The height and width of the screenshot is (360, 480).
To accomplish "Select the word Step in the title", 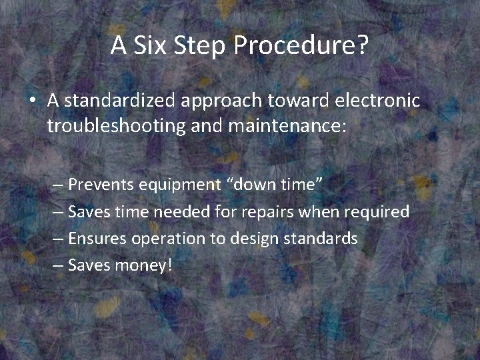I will pyautogui.click(x=193, y=45).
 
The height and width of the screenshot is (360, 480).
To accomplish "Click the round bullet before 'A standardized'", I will pyautogui.click(x=32, y=101).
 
